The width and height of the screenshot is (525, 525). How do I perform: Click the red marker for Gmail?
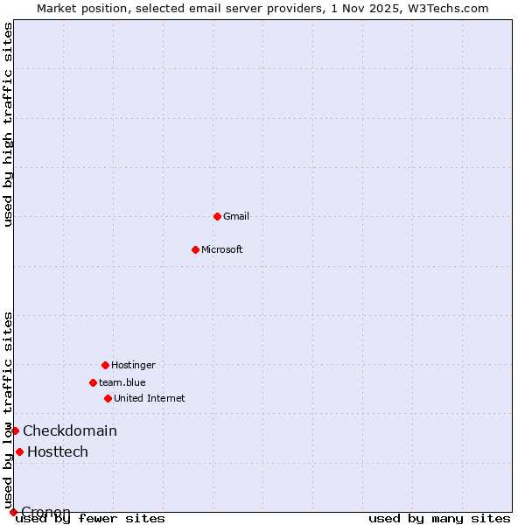point(217,216)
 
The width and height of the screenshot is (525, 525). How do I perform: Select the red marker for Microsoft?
point(195,249)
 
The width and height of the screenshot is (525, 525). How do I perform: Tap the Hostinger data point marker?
point(105,365)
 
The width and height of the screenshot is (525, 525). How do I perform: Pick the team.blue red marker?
point(93,382)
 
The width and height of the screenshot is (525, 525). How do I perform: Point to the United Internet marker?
point(108,398)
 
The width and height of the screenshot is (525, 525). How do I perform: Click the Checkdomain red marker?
point(15,430)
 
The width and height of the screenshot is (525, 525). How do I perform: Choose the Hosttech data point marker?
point(19,451)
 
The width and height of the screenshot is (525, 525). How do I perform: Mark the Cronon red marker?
point(13,512)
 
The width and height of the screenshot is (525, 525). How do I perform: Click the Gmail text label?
point(236,216)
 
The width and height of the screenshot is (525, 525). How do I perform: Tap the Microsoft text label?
point(222,249)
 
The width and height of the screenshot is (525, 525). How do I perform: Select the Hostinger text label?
point(133,365)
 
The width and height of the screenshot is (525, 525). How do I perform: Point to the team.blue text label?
point(122,382)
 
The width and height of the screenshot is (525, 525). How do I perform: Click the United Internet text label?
point(150,398)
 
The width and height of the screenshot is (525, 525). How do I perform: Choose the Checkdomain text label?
point(70,430)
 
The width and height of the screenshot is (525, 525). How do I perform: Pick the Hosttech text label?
point(58,451)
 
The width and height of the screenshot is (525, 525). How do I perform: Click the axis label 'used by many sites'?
point(439,519)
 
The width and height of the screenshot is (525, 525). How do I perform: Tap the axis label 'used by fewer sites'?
point(91,519)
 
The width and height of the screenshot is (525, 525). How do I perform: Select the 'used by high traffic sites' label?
point(9,124)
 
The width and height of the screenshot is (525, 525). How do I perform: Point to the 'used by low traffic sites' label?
point(9,409)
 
